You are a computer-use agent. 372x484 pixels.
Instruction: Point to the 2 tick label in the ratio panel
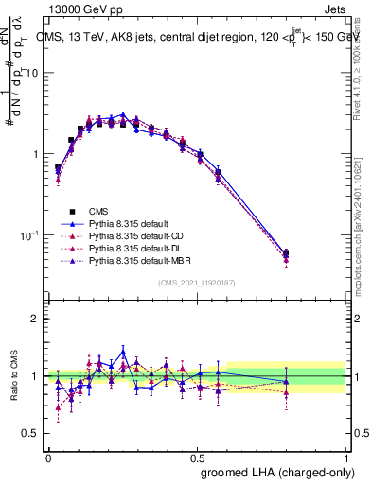(36, 319)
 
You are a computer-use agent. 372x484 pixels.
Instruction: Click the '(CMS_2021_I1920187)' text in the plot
(197, 282)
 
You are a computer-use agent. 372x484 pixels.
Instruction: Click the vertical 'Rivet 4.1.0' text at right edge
(361, 71)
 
